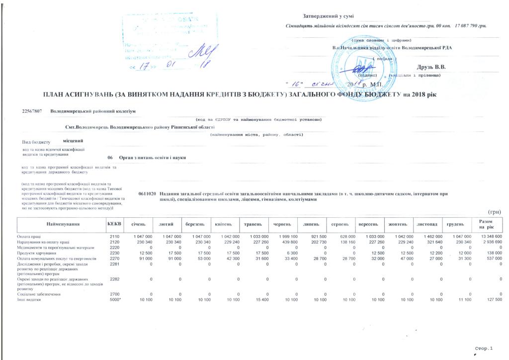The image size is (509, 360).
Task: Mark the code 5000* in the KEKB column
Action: [x=115, y=300]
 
